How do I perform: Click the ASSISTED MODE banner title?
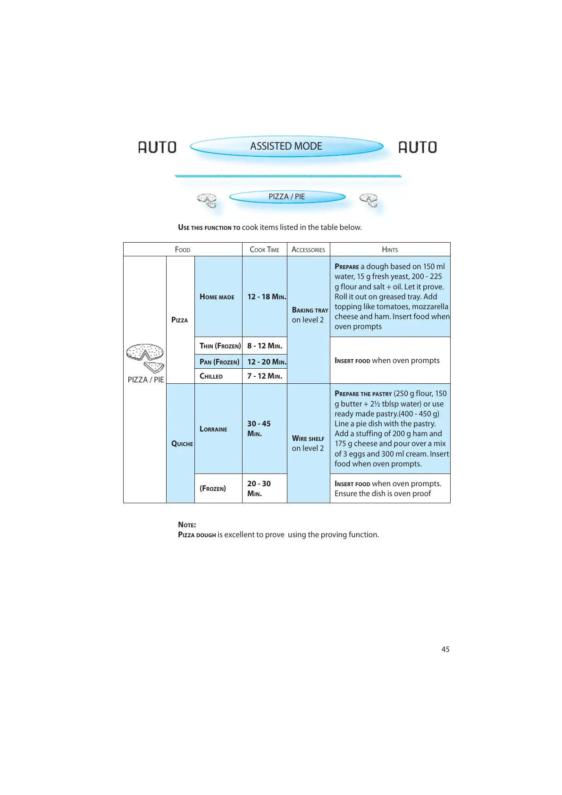pos(286,146)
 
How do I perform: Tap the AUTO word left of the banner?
pos(157,147)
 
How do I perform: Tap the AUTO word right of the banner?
pos(418,147)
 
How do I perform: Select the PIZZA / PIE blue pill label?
pos(287,197)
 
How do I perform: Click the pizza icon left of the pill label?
pos(207,200)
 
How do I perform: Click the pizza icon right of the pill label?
pos(369,200)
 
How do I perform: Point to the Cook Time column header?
pos(264,250)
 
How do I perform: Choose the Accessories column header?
pos(308,250)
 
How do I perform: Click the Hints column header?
pos(390,250)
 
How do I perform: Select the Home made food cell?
pos(217,297)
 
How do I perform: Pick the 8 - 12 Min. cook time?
pos(265,346)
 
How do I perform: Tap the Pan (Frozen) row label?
pos(219,362)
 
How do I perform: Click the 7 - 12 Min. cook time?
pos(265,376)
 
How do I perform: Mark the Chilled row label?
pos(211,376)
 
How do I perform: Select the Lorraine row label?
pos(213,429)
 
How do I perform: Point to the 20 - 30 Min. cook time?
pos(259,489)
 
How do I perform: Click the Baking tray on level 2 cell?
pos(309,315)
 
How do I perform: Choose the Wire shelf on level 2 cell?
pos(308,443)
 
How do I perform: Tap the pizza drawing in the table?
pos(145,358)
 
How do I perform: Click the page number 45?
pos(445,650)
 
